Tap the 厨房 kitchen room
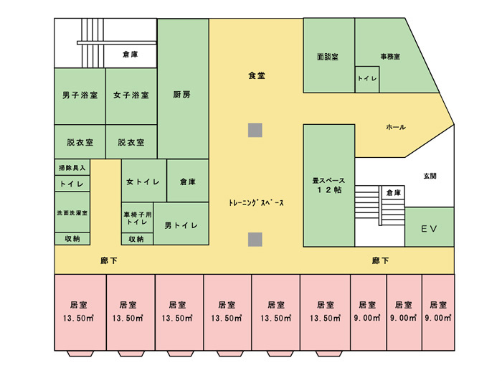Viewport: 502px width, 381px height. (x=182, y=93)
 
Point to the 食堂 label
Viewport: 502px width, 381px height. (x=256, y=75)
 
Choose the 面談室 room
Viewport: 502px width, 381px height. (x=328, y=55)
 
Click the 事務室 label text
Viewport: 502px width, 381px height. (x=390, y=56)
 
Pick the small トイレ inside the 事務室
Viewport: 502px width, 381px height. (x=366, y=79)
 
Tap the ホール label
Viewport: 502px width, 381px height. (x=396, y=127)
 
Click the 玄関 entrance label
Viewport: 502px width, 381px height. (x=430, y=176)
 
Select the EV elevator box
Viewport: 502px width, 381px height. (x=428, y=230)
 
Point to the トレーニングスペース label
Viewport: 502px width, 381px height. (x=256, y=203)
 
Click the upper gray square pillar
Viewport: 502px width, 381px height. (x=255, y=130)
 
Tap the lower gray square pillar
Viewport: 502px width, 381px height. (x=255, y=239)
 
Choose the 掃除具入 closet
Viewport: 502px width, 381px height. (x=72, y=167)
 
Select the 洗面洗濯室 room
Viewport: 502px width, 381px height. (x=72, y=212)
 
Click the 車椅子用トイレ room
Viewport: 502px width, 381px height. (x=136, y=218)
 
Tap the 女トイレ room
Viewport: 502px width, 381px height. (x=143, y=182)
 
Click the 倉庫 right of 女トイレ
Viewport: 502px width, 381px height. (x=188, y=182)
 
